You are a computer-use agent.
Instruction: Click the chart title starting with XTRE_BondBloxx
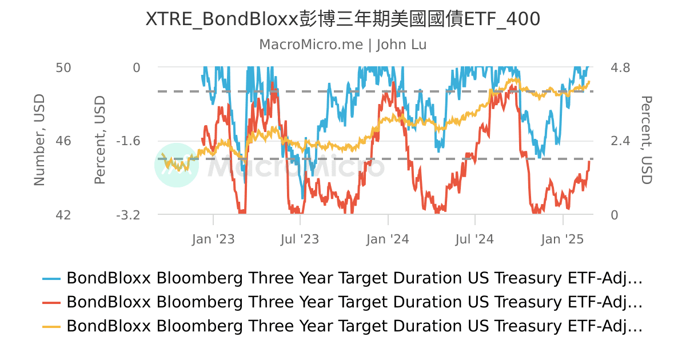(343, 19)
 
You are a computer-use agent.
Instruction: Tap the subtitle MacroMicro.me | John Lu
(343, 45)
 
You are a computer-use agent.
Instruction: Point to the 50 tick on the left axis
(63, 67)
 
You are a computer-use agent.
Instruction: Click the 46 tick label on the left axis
(63, 141)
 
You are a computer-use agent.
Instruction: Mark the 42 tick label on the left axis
(63, 215)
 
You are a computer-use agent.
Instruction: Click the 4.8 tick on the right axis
(620, 67)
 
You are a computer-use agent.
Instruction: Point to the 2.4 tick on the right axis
(620, 141)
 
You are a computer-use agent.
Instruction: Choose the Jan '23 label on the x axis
(213, 239)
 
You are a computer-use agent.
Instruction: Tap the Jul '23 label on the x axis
(300, 239)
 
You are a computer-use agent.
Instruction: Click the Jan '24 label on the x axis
(388, 239)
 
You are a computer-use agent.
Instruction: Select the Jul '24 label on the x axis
(475, 239)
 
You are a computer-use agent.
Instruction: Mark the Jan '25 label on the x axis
(563, 239)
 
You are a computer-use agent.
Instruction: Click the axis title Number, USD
(39, 141)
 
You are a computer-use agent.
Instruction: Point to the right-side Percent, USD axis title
(646, 141)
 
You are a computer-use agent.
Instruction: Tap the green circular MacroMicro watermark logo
(177, 165)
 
